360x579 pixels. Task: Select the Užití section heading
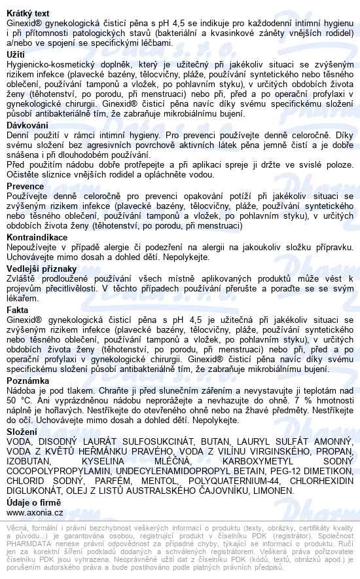coord(15,54)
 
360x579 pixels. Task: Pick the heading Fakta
coord(18,308)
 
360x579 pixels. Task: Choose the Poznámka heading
coord(28,380)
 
